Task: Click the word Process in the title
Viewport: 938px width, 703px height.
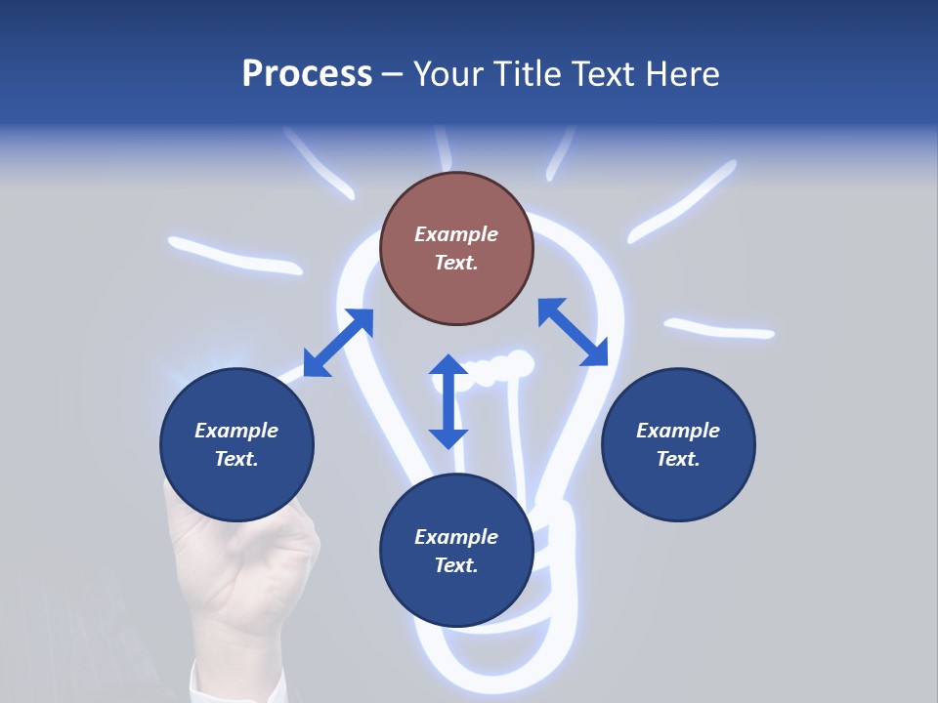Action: (x=307, y=74)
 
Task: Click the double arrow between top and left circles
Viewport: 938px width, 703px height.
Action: (x=338, y=343)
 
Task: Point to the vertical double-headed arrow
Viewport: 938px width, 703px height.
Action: (x=448, y=401)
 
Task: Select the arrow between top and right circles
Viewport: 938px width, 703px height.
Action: (x=573, y=332)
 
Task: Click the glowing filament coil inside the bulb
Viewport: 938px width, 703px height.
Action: (x=498, y=369)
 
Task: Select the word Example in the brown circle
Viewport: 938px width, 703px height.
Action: (x=456, y=234)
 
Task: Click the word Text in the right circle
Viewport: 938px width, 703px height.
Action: (x=678, y=459)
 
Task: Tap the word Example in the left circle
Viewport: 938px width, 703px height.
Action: (x=236, y=431)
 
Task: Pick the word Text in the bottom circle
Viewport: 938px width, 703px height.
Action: (x=455, y=565)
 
